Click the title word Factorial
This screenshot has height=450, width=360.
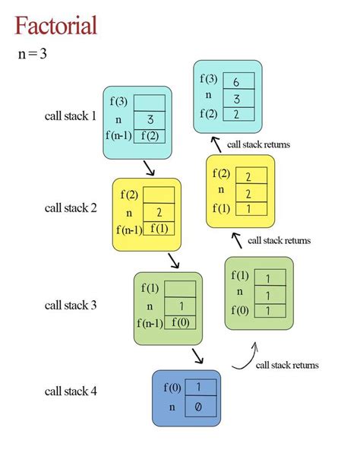click(55, 25)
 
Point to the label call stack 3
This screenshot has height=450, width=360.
click(71, 305)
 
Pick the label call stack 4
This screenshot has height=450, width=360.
click(71, 391)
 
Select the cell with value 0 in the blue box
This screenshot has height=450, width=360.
click(197, 407)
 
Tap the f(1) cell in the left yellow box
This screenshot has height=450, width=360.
click(159, 229)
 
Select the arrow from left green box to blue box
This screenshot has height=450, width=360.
click(198, 356)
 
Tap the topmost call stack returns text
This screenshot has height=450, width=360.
click(258, 144)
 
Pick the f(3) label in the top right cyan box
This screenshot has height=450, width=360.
click(208, 79)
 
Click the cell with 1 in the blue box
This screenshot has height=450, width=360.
click(197, 388)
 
